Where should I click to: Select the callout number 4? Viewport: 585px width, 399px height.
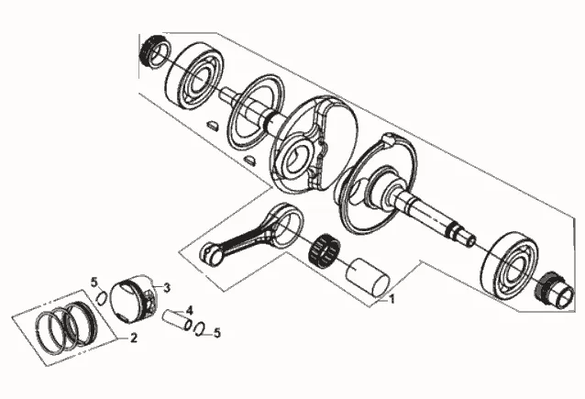pyautogui.click(x=189, y=309)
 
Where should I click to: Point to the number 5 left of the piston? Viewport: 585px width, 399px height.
pyautogui.click(x=94, y=281)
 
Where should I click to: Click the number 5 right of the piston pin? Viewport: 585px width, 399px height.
pyautogui.click(x=217, y=334)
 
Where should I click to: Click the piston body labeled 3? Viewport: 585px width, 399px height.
pyautogui.click(x=135, y=300)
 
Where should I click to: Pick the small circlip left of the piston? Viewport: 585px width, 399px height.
pyautogui.click(x=101, y=297)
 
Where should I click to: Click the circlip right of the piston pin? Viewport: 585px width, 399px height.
pyautogui.click(x=199, y=328)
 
